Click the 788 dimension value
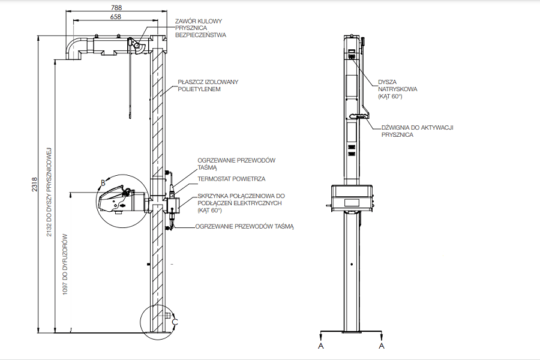point(116,7)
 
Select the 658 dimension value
point(116,17)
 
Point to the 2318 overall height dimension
point(34,185)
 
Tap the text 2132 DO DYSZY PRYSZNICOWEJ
point(49,192)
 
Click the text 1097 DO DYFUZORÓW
point(65,264)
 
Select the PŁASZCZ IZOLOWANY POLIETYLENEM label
point(208,85)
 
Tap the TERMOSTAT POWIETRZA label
point(232,179)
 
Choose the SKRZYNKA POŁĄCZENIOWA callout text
point(241,203)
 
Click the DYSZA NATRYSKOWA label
point(397,89)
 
